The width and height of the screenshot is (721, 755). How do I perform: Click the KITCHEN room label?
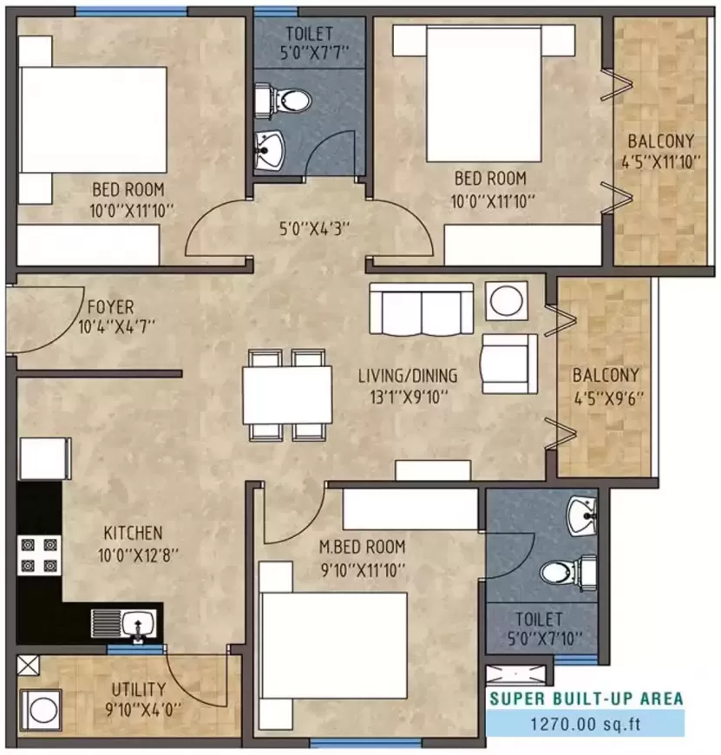133,532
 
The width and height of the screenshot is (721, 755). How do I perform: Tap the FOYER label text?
110,307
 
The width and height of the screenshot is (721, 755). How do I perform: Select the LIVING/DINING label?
408,377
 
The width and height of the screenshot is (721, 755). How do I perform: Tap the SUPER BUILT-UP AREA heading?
586,698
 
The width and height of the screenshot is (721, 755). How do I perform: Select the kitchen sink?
127,623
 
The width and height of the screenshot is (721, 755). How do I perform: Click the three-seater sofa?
421,308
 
